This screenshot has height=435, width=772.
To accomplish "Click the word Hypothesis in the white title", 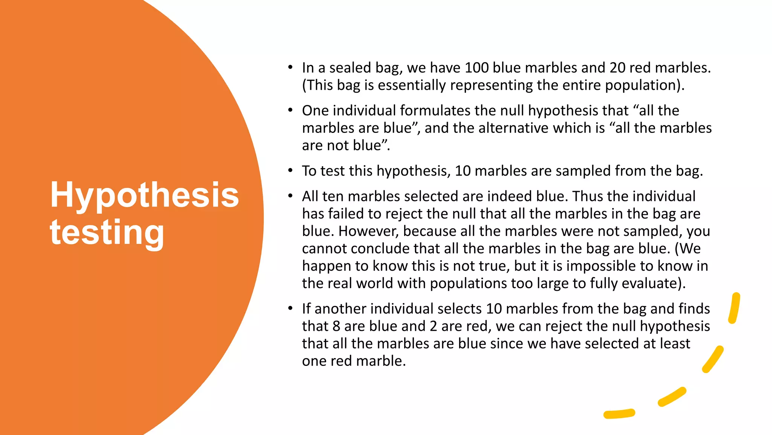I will (144, 196).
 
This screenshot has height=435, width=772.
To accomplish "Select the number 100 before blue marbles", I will (476, 68).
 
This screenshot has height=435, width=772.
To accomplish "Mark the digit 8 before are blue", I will (336, 326).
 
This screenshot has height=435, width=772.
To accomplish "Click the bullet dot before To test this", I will (290, 171).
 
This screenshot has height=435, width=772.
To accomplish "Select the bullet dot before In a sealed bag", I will (290, 68).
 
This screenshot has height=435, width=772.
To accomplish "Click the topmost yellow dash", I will (734, 308).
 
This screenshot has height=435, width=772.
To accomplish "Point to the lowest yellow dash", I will (619, 414).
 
